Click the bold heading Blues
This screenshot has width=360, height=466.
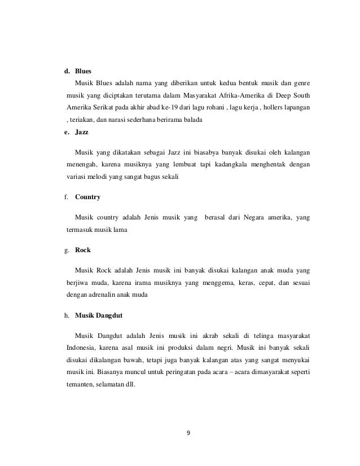[84, 72]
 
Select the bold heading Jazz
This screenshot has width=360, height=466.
[82, 132]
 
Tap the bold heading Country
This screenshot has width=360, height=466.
[88, 197]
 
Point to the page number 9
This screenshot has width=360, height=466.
[188, 433]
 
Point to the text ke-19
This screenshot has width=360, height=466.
[152, 107]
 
